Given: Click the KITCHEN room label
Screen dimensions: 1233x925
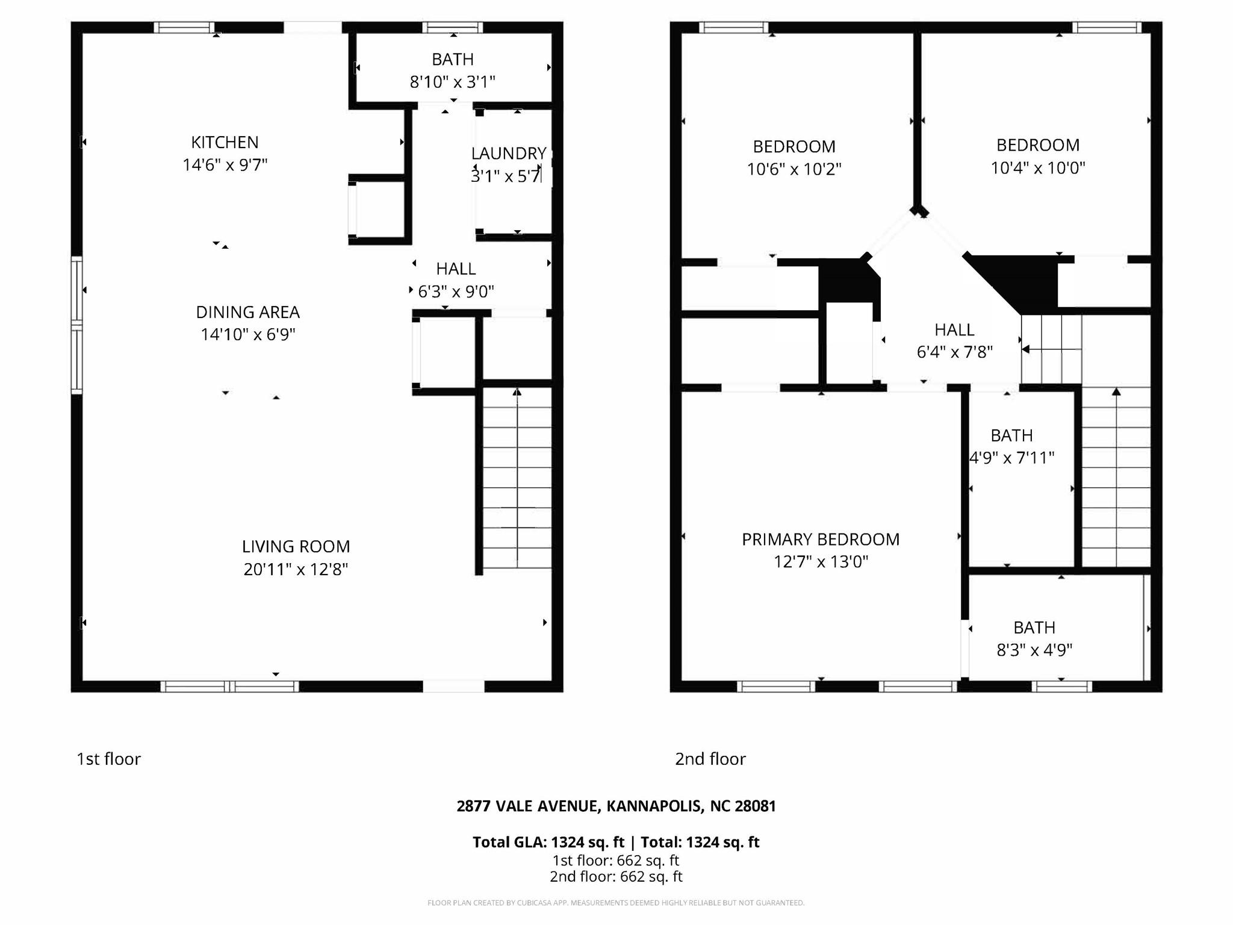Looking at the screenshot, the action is click(x=225, y=142).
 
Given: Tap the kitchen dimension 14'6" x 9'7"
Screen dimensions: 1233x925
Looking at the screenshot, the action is click(x=225, y=164).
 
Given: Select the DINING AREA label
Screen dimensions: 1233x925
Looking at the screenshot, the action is click(x=247, y=312).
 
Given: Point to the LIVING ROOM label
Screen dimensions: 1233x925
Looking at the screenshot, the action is click(x=296, y=546).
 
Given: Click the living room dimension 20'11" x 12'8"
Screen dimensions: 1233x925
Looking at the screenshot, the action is click(x=296, y=569).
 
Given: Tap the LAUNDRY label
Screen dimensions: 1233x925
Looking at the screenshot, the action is click(x=509, y=154).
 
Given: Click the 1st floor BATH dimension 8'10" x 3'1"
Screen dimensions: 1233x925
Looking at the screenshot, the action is click(x=453, y=81).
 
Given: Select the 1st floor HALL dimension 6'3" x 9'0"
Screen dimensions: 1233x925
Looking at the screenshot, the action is click(x=456, y=291).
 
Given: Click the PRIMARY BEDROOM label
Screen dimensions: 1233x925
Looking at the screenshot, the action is click(x=821, y=539).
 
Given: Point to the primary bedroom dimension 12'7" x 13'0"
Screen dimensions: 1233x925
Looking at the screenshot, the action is click(x=821, y=562).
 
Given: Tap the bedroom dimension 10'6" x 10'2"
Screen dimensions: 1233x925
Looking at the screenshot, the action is click(x=794, y=169).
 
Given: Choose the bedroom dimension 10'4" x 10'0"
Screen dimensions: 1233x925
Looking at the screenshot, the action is click(x=1038, y=167).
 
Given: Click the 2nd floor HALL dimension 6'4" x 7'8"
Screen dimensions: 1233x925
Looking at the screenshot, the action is click(x=954, y=352).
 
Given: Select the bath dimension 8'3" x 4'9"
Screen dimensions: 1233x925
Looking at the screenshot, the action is click(x=1034, y=650).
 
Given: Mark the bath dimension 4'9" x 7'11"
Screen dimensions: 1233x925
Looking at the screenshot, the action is click(x=1011, y=458).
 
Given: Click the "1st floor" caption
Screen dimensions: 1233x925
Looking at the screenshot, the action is click(x=108, y=759).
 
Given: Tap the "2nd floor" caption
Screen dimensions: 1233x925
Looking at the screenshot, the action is click(x=710, y=759).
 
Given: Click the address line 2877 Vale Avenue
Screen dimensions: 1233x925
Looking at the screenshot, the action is click(x=616, y=806).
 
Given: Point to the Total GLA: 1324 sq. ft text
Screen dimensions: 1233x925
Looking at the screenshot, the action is click(x=548, y=842).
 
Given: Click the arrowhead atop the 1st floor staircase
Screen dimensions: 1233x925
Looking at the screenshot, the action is click(x=517, y=392).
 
